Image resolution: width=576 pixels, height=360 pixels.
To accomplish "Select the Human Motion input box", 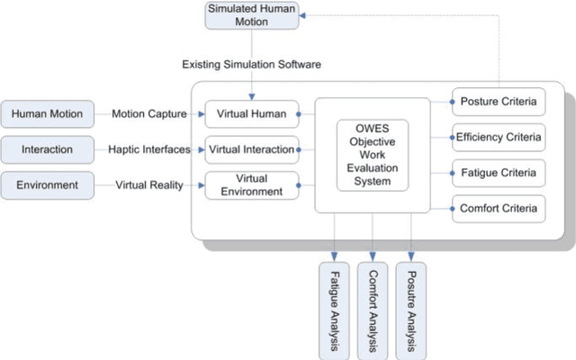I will [48, 113].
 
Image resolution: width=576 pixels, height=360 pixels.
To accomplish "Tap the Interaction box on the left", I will [48, 149].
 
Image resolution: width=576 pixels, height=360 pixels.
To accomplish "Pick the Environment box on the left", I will [48, 185].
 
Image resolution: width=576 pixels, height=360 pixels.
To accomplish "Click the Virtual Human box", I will [251, 113].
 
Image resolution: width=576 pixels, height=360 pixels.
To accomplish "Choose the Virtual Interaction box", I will [251, 149].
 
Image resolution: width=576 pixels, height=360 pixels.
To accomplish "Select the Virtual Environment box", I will [251, 184].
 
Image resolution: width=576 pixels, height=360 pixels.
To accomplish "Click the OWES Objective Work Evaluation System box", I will [372, 156].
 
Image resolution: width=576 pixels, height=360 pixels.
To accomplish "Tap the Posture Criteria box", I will [498, 101].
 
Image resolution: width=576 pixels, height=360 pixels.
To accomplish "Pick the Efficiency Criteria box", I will [498, 137].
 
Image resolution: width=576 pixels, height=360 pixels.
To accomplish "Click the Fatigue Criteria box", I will [498, 173].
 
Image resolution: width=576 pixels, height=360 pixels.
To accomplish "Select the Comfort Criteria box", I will [498, 209].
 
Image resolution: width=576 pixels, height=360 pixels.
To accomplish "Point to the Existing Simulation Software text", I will [251, 65].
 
